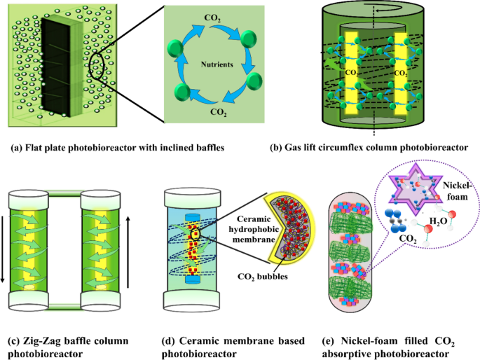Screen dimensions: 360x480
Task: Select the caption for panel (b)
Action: click(x=368, y=148)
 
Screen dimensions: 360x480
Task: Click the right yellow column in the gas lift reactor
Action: click(x=399, y=70)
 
